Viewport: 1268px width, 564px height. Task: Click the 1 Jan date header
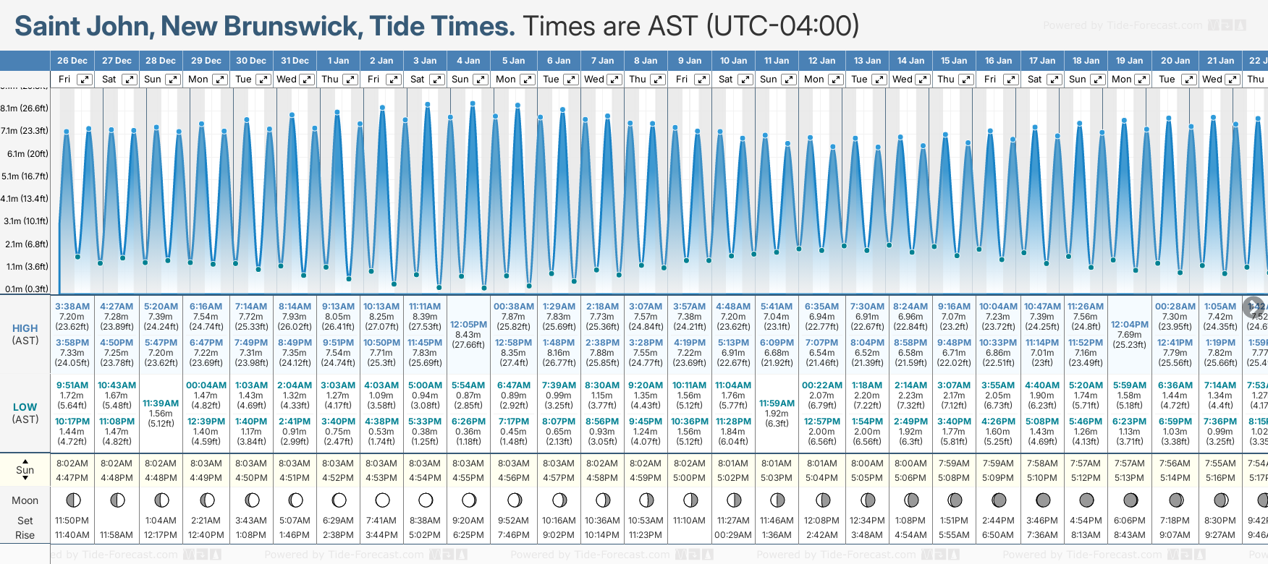[338, 61]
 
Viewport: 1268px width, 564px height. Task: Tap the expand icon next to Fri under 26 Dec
[85, 80]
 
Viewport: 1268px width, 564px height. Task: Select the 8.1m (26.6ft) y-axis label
[25, 108]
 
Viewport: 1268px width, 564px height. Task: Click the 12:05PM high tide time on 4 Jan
[468, 325]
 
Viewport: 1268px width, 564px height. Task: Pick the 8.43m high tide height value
[468, 335]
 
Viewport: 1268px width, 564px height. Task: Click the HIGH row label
[25, 328]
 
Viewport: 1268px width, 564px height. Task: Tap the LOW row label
[25, 407]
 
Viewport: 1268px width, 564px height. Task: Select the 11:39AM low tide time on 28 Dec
[161, 403]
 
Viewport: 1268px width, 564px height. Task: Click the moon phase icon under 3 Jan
[426, 500]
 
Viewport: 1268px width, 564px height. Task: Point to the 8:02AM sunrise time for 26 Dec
[72, 463]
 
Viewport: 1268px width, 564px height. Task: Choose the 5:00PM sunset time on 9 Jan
[689, 478]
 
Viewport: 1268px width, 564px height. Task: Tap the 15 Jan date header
[955, 61]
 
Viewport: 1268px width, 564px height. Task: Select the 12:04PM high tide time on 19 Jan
[1130, 325]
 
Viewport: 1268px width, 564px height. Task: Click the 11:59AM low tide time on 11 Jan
[777, 403]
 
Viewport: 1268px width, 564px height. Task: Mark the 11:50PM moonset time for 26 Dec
[72, 521]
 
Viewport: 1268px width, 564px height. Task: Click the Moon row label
[25, 500]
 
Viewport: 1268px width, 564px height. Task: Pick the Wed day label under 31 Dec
[287, 80]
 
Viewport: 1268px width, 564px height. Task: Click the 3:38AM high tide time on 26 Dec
[72, 307]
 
